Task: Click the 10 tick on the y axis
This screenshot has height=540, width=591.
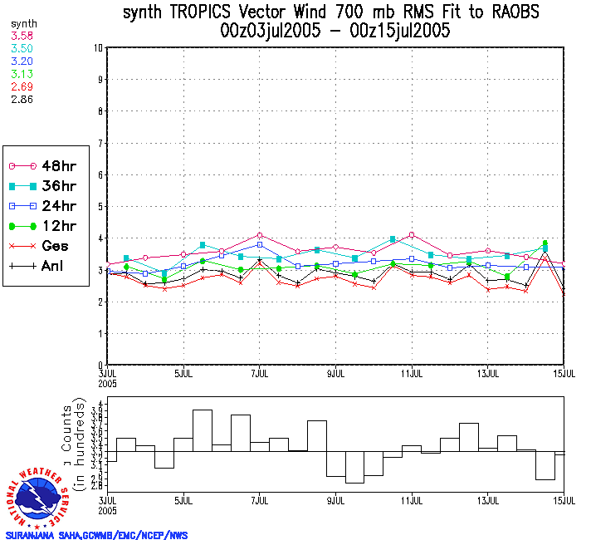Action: pos(98,48)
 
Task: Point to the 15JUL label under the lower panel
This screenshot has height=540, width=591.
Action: pos(564,503)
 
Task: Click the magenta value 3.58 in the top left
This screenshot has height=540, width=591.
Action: pos(21,37)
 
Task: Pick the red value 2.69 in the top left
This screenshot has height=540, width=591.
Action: pos(21,86)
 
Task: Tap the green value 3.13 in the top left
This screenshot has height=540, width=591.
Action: pos(21,74)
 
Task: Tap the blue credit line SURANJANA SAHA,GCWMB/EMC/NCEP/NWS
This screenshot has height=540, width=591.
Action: pos(97,535)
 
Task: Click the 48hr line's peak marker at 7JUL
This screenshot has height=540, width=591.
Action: pos(260,235)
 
